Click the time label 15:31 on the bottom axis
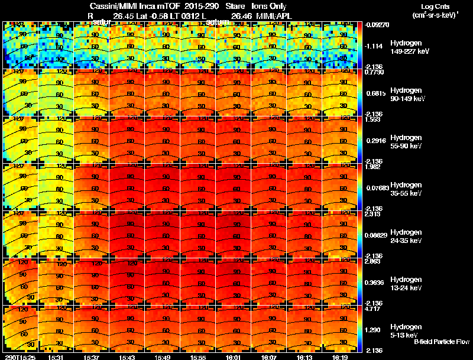click(56, 356)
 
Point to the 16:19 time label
click(339, 356)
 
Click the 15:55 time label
click(197, 356)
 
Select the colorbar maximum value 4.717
click(373, 308)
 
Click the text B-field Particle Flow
click(442, 342)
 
